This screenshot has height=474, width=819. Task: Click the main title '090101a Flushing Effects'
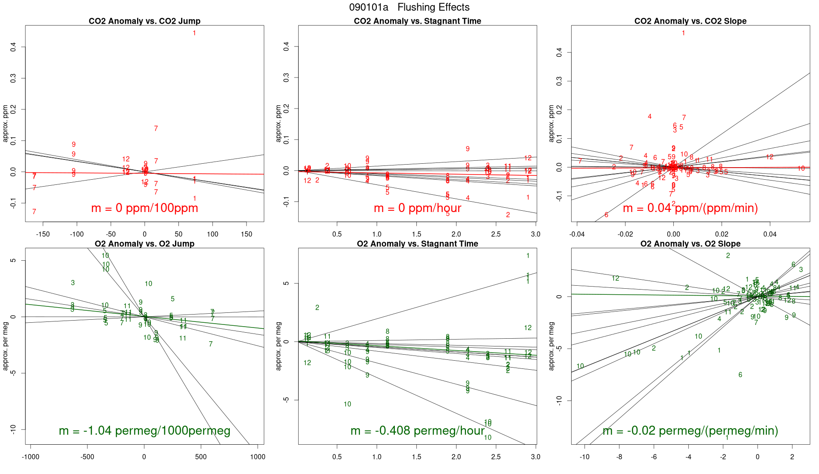point(409,7)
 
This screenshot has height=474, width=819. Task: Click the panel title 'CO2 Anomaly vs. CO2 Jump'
point(144,21)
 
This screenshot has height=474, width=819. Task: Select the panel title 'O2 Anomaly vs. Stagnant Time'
point(417,244)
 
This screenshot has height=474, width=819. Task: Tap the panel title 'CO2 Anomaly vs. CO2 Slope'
point(690,21)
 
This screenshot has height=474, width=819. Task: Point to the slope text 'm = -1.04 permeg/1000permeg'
point(144,431)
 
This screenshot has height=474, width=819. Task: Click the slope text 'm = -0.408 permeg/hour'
point(417,431)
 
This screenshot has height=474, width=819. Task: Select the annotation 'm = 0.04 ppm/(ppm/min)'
point(690,208)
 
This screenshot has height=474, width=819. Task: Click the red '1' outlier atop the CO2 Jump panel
point(194,33)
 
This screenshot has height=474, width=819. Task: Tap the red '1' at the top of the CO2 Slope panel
point(683,33)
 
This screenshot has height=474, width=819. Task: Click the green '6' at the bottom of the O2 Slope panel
point(740,375)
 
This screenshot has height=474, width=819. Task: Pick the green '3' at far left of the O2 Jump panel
point(73,283)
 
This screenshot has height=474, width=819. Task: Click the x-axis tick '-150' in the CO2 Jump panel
point(43,234)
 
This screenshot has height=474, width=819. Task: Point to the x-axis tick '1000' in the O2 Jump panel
point(257,457)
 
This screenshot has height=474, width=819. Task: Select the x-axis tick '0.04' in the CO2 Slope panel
point(770,234)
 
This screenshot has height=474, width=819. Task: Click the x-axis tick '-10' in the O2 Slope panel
point(584,457)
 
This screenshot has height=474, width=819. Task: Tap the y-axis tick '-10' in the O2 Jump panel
point(13,429)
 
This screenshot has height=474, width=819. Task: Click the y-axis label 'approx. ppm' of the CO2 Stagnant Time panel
point(278,123)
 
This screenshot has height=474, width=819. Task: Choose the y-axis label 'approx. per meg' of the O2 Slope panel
point(551,346)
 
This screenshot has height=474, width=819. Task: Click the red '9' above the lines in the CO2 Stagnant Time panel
point(468,149)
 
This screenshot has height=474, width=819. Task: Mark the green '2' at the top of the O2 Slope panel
point(728,256)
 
